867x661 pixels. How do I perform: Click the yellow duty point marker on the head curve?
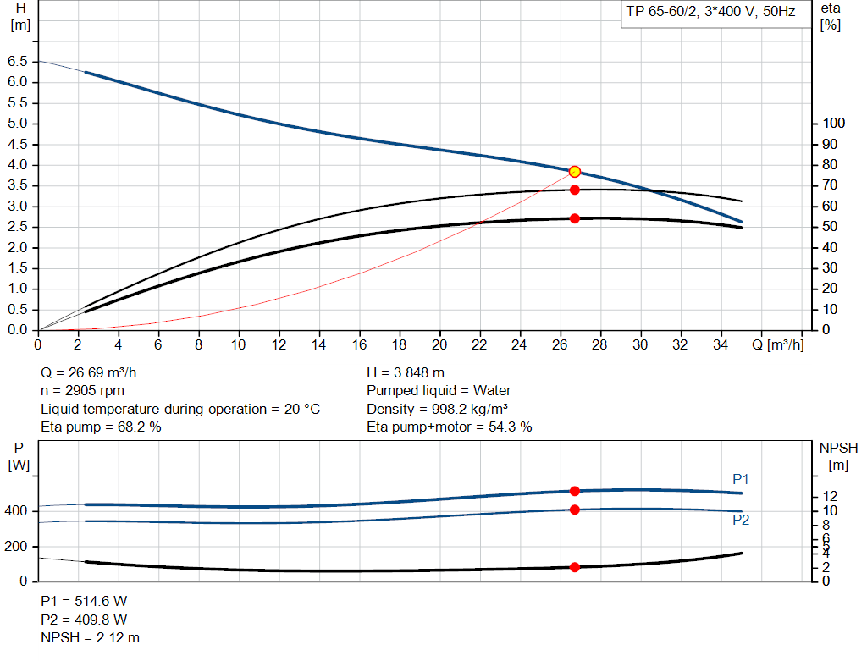(575, 172)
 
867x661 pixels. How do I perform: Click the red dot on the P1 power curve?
(575, 491)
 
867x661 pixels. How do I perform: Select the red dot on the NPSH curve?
(575, 567)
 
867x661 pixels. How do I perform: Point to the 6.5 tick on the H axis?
(17, 62)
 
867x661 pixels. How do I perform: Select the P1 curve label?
(741, 480)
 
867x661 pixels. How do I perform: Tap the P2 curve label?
(741, 520)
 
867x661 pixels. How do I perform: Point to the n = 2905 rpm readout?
(83, 391)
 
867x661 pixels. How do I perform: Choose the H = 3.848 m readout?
(406, 372)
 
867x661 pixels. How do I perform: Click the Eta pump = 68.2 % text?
(101, 427)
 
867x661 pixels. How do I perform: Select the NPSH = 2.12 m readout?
(91, 637)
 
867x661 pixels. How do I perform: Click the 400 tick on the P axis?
(17, 511)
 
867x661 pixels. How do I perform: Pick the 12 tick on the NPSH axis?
(831, 496)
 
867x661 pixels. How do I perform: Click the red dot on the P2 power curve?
(575, 510)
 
